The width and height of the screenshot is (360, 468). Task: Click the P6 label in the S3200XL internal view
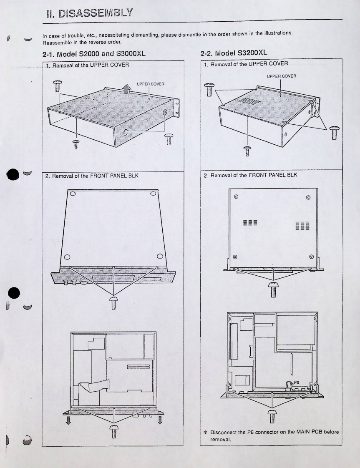coord(297,382)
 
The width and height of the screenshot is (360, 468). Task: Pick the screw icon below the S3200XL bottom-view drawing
coord(273,289)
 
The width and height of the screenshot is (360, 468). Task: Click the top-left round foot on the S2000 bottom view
coord(73,194)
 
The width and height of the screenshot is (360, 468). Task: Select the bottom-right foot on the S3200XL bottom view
coord(312,257)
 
